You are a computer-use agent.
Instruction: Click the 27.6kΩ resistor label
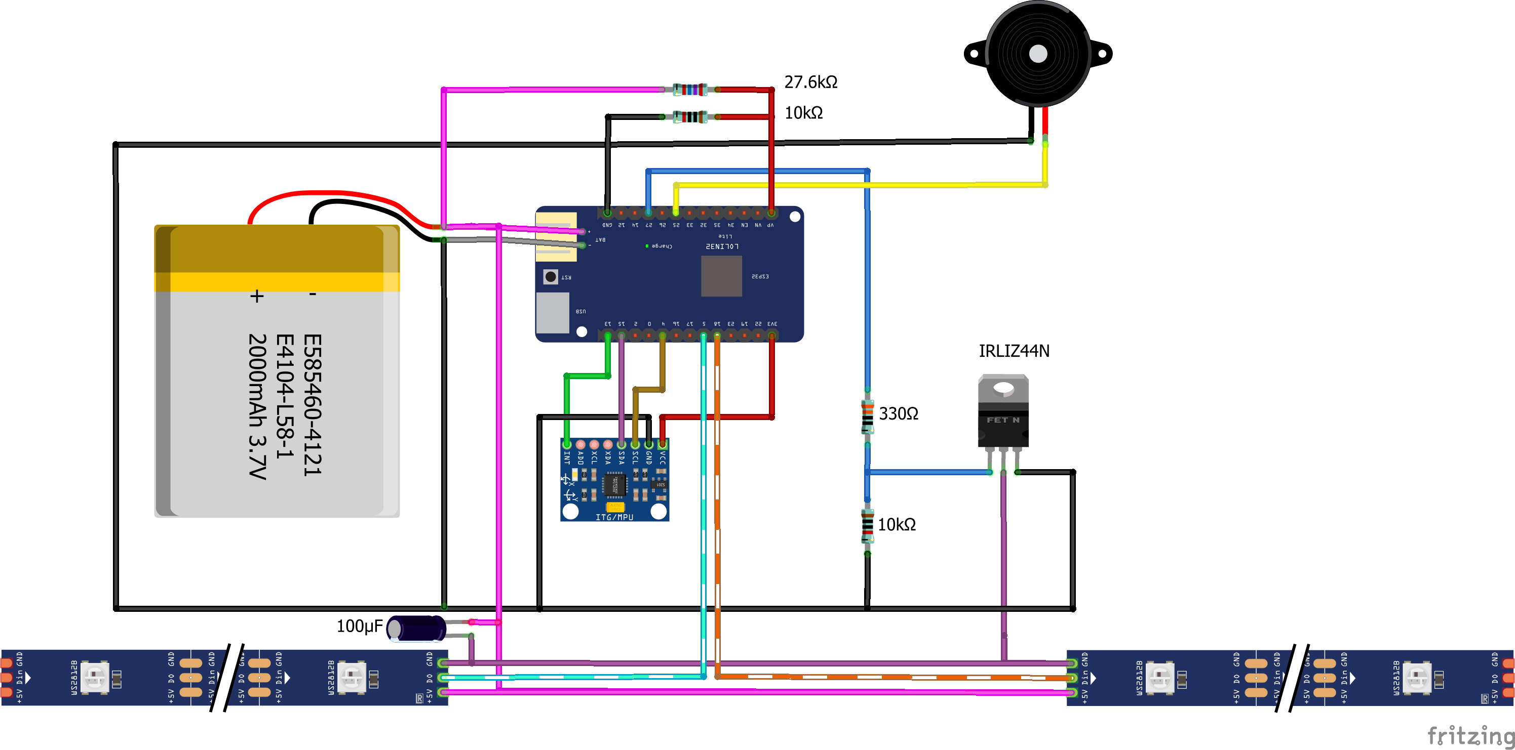click(x=810, y=82)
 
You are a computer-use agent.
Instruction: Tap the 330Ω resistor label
click(x=898, y=414)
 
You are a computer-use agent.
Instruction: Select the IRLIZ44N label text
click(x=1014, y=351)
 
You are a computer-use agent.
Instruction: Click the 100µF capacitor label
click(x=359, y=626)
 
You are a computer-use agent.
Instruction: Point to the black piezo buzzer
click(x=1038, y=54)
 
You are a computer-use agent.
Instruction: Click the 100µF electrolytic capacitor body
click(x=416, y=629)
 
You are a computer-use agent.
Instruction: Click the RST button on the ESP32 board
click(x=551, y=276)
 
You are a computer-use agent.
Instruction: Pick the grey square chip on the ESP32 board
click(x=721, y=276)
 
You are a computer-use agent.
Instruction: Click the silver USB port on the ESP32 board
click(x=553, y=312)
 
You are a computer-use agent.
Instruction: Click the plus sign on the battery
click(x=256, y=296)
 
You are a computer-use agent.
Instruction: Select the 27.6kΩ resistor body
click(x=690, y=90)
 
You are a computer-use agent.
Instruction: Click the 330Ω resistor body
click(x=867, y=416)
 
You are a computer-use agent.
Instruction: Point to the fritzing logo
click(x=1470, y=735)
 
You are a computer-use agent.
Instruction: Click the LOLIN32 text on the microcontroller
click(x=722, y=246)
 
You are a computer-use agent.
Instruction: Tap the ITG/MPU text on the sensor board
click(x=614, y=517)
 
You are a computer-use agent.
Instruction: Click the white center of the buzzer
click(x=1038, y=54)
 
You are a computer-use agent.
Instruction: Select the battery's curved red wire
click(x=329, y=194)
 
